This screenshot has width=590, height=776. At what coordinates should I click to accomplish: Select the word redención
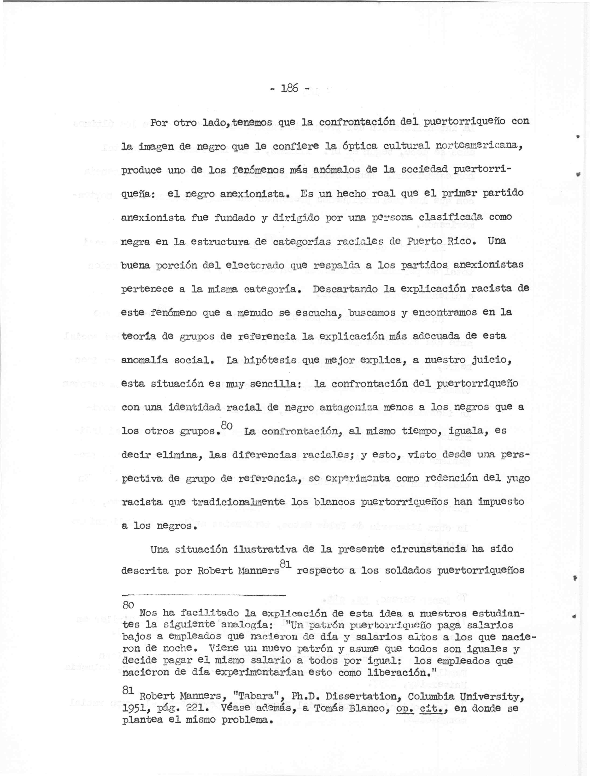pos(421,478)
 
